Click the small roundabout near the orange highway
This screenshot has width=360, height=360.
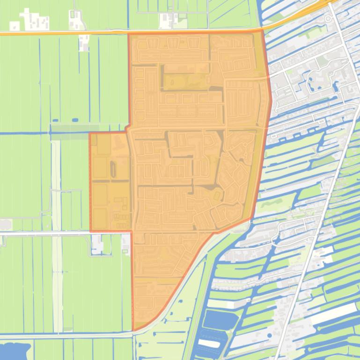pos(327,19)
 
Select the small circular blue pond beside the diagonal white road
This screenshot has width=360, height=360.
pos(269,335)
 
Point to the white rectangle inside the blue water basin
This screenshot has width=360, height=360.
pos(209,344)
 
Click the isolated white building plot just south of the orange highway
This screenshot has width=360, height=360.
pos(84,42)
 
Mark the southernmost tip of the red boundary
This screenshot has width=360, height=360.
pos(134,330)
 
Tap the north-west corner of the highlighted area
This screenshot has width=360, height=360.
pos(129,34)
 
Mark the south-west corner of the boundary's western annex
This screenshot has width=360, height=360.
pos(90,231)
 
